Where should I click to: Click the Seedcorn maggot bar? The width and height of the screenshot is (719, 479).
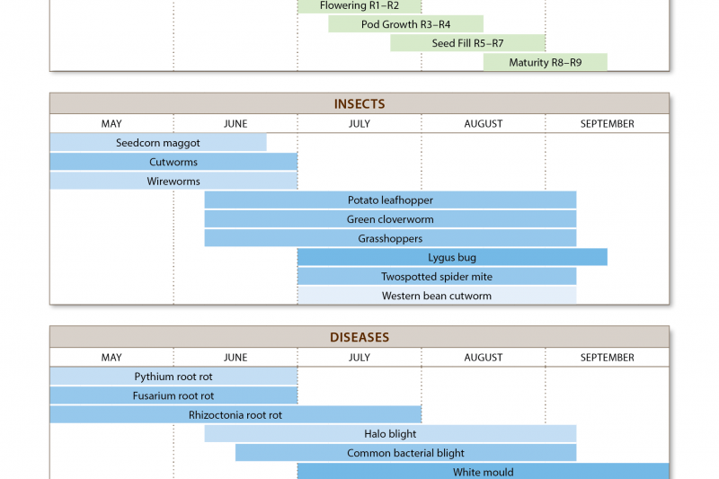(158, 143)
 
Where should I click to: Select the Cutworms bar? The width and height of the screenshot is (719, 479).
(173, 162)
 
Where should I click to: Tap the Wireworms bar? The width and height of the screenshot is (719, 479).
(173, 181)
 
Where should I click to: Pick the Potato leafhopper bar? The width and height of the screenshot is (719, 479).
(390, 200)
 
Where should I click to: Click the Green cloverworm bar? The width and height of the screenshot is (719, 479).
(390, 219)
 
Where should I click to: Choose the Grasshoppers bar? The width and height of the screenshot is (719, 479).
(390, 238)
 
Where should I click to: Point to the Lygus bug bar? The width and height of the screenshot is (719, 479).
(452, 258)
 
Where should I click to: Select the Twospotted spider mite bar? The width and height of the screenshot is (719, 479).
(437, 277)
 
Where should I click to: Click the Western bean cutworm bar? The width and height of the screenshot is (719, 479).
(437, 296)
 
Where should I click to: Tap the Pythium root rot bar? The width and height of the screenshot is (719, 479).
(173, 377)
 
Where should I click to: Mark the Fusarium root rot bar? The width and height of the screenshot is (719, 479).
(173, 395)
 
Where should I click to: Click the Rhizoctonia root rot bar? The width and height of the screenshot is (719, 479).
(235, 415)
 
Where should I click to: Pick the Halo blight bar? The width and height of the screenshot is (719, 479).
(390, 434)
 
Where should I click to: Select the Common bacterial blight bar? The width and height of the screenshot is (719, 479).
(405, 453)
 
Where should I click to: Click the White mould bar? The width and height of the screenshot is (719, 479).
(484, 472)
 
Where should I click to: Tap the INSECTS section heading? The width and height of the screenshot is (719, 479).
(359, 104)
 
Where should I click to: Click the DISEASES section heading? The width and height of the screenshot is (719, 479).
(359, 338)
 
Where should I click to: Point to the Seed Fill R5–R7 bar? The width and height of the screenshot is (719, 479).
(467, 43)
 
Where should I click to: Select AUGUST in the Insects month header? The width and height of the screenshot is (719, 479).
(484, 124)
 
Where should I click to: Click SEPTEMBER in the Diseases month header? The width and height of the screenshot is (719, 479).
(608, 358)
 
